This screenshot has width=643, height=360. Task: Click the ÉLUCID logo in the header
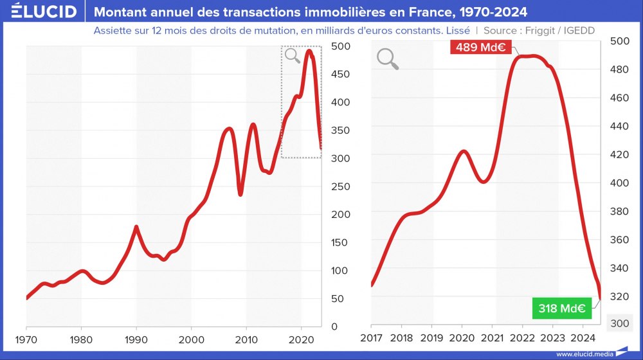point(44,11)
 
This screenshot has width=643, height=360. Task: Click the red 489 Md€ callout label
point(480,47)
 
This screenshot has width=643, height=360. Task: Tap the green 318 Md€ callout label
point(561,308)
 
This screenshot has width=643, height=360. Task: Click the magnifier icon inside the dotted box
point(293,56)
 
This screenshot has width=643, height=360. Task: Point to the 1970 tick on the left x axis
point(26,338)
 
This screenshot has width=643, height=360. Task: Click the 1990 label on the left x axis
point(136,338)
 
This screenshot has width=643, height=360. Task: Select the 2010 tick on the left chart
point(246,338)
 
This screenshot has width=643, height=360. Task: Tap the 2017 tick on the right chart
point(371,338)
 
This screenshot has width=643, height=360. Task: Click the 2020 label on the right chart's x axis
point(462,338)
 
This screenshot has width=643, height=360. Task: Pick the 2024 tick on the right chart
point(583,338)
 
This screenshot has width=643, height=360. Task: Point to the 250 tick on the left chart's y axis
point(340,186)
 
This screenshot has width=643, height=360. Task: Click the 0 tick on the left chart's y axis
point(334,327)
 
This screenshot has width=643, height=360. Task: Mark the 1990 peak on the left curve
point(136,227)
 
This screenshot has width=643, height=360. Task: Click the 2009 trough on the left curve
point(240,194)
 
